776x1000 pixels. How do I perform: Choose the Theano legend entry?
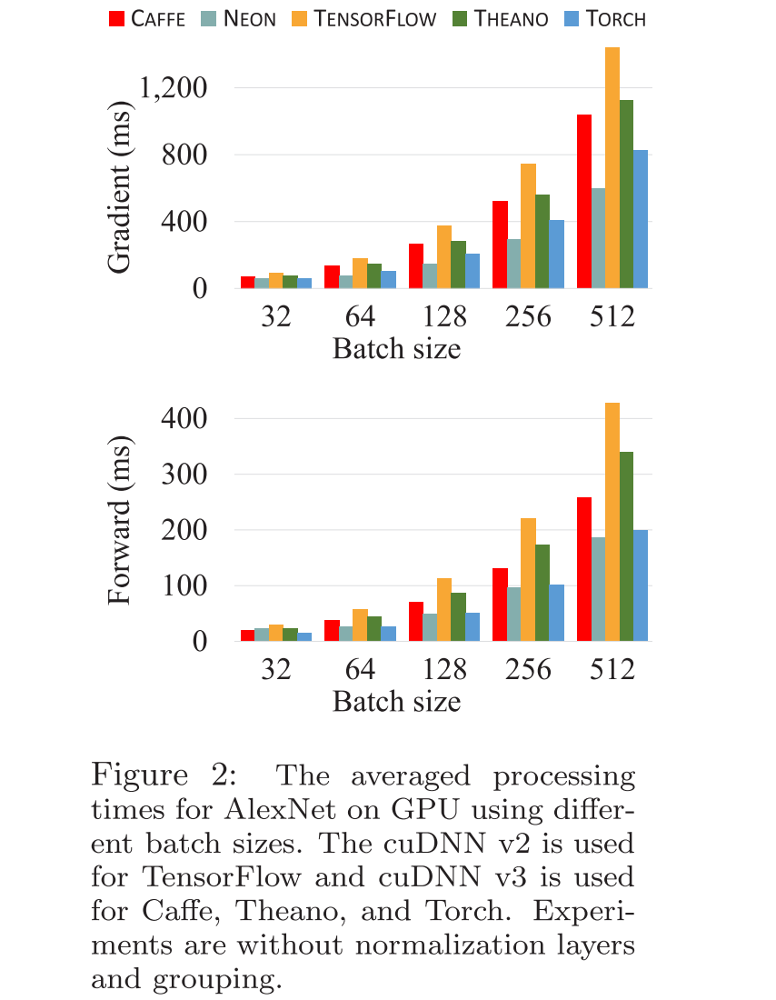505,18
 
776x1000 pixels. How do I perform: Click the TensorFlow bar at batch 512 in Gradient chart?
612,168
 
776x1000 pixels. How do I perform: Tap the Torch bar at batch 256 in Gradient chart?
556,254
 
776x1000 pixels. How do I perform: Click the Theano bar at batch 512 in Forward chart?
626,545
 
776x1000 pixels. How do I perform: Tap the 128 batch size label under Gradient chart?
443,317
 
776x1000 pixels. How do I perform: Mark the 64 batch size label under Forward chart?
360,670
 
